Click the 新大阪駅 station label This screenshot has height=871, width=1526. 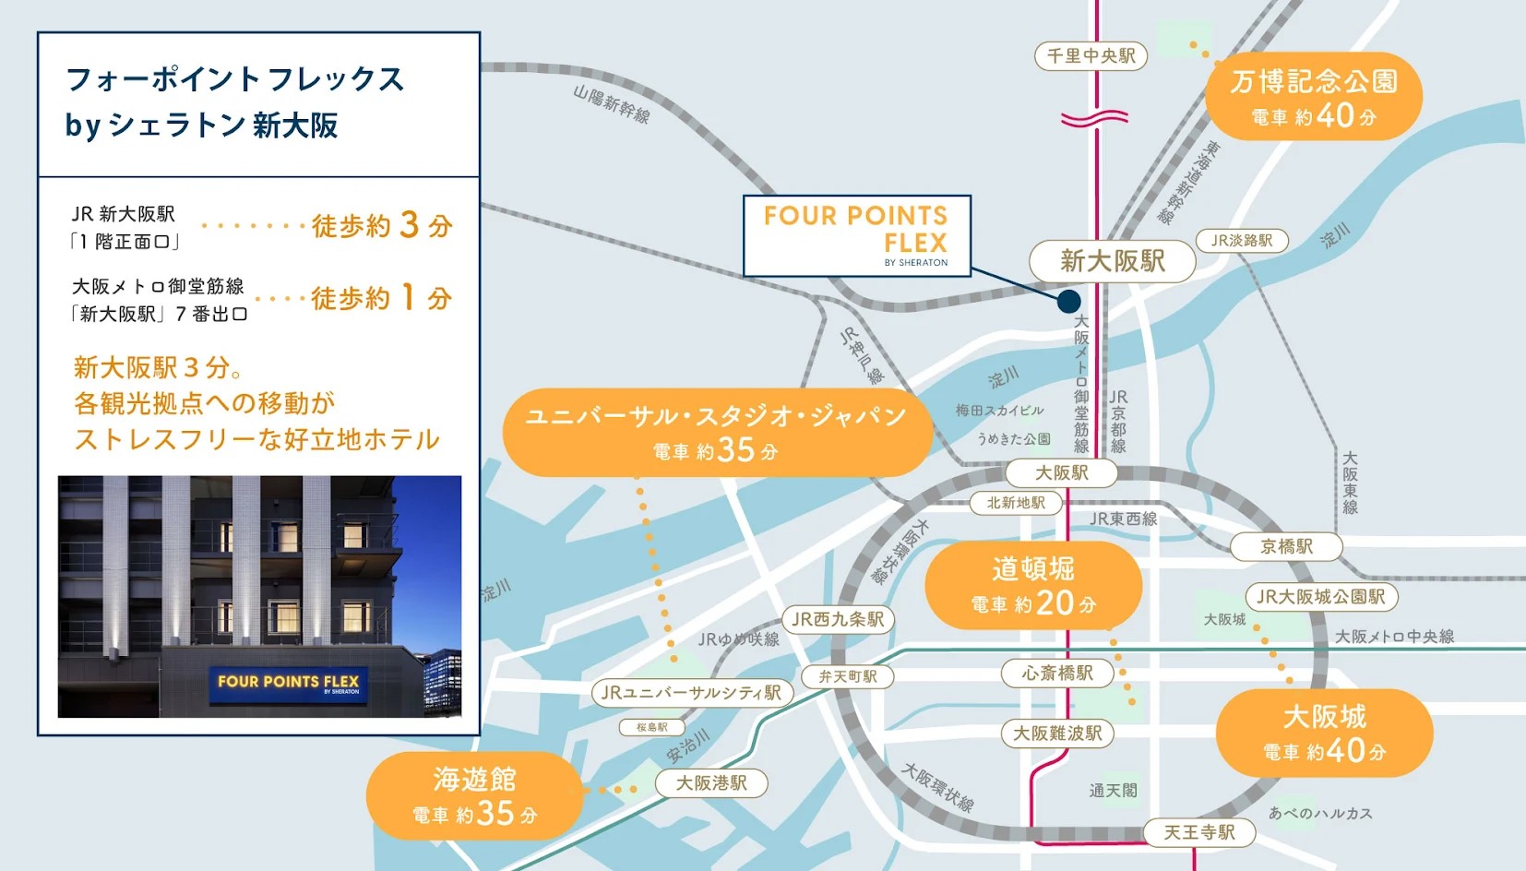coord(1112,261)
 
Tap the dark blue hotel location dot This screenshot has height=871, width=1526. coord(1068,301)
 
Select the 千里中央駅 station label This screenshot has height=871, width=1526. coord(1091,56)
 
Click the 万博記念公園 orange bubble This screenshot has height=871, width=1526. coord(1313,97)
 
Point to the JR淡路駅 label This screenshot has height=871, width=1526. coord(1242,241)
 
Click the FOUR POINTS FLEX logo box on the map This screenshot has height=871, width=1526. coord(856,235)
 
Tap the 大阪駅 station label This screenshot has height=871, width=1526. coord(1061,473)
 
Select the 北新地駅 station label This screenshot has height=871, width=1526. coord(1016,503)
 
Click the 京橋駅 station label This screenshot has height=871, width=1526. coord(1286,547)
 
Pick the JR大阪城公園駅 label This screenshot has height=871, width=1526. coord(1320,597)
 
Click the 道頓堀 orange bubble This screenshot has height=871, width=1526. coord(1033,585)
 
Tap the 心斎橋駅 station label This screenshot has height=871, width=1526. coord(1057,674)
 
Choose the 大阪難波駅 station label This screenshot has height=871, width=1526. coord(1057,734)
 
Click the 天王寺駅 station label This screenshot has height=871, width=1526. coord(1198,832)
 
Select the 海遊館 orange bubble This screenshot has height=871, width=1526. coord(474,795)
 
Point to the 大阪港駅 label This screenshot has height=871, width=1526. coord(711,783)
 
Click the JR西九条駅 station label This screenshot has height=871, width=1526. coord(838,619)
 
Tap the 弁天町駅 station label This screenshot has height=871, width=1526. coord(848,676)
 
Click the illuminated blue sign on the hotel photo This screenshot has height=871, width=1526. coord(288,684)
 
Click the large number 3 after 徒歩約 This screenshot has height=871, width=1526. coord(410,225)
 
